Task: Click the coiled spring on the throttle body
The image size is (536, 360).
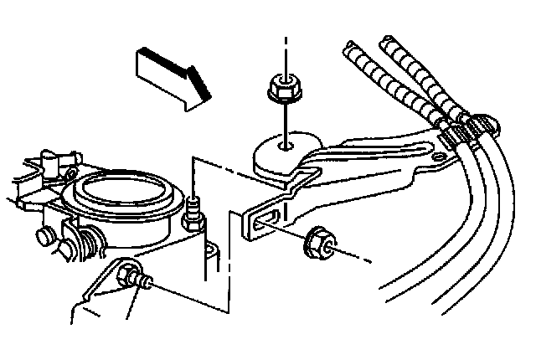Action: [x=85, y=243]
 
